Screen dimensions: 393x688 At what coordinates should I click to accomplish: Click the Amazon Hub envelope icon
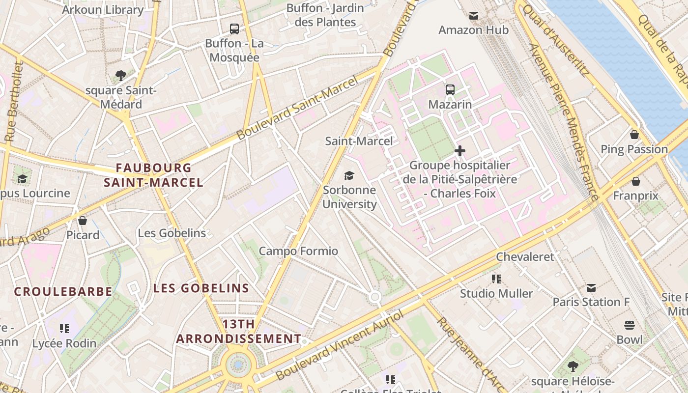(474, 16)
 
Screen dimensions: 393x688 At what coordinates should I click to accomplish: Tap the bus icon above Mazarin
(450, 90)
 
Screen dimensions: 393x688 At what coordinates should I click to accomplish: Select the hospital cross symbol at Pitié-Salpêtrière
(460, 151)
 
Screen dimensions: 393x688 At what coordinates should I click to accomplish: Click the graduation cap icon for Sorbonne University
(349, 175)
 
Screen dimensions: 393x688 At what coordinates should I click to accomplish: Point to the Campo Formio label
(298, 251)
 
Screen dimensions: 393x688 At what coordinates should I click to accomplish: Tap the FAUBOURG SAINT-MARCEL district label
(153, 175)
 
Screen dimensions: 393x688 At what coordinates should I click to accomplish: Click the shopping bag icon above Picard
(83, 221)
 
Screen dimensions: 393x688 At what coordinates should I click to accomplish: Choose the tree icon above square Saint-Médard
(121, 76)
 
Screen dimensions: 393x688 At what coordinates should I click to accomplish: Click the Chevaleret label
(525, 256)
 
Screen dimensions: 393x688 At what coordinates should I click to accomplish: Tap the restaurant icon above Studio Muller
(496, 279)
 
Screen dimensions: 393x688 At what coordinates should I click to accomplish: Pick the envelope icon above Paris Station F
(591, 287)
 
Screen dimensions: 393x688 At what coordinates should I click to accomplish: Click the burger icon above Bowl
(630, 325)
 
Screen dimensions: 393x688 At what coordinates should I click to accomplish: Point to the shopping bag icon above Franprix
(635, 181)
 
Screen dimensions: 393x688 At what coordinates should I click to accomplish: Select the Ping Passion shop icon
(634, 135)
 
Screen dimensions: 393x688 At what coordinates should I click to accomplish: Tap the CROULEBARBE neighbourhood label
(63, 291)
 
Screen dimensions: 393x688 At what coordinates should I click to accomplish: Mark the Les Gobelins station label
(172, 233)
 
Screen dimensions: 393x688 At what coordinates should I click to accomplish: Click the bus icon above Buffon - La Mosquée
(234, 29)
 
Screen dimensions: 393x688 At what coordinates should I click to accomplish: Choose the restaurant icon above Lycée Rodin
(64, 328)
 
